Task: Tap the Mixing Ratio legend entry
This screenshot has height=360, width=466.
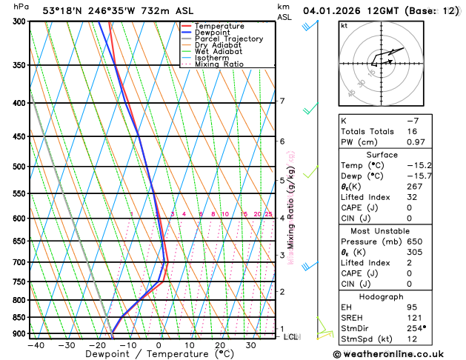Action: tap(219, 64)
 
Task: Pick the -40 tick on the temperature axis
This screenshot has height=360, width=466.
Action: tap(36, 345)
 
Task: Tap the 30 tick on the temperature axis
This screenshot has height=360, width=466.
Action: tap(250, 345)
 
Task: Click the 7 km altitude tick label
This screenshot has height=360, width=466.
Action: tap(282, 101)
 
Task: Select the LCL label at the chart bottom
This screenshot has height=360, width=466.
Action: tap(291, 337)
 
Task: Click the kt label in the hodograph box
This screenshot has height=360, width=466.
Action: tap(344, 25)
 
